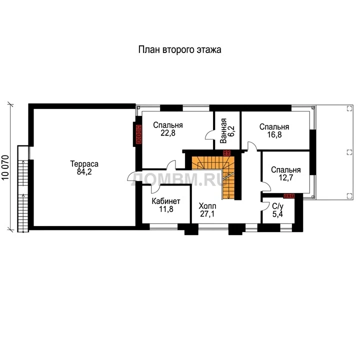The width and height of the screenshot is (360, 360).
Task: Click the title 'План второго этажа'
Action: [x=180, y=50]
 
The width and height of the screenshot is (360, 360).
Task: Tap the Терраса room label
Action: [x=84, y=163]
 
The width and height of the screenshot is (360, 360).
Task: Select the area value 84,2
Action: [x=84, y=171]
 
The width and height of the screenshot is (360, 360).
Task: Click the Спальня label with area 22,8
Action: [x=168, y=125]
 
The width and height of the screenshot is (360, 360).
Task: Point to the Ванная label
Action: [x=223, y=131]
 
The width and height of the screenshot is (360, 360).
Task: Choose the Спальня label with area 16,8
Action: [x=274, y=127]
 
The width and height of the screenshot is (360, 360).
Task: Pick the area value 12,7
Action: [x=285, y=177]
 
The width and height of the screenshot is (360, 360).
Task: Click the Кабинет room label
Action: [x=166, y=201]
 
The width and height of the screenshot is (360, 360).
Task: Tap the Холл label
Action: [x=207, y=205]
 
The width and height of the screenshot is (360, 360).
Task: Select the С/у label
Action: [x=277, y=206]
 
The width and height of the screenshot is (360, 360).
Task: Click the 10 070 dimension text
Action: [x=5, y=167]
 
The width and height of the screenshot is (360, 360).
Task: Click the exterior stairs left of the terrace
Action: [x=23, y=188]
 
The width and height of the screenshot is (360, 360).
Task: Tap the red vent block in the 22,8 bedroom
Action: [x=138, y=134]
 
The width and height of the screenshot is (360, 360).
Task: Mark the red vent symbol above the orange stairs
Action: [x=227, y=153]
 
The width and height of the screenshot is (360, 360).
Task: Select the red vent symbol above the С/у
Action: [x=289, y=196]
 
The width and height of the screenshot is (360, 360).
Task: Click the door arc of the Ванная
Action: [x=209, y=135]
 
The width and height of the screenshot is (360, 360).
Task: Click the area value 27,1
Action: [x=207, y=214]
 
